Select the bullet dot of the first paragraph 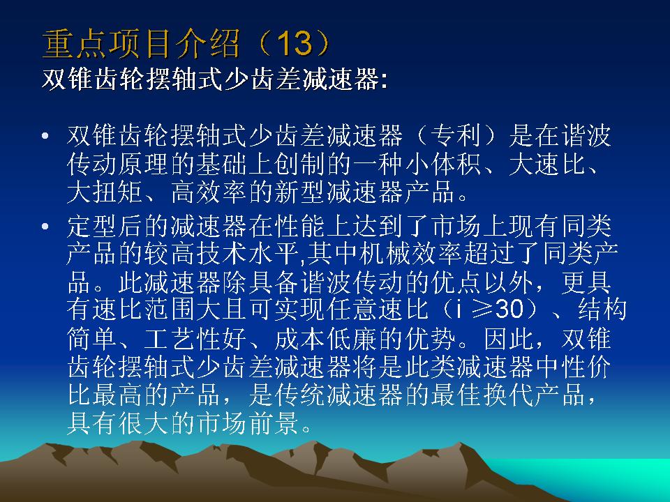tap(46, 136)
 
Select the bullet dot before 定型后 tap(46, 226)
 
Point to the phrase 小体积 tap(442, 164)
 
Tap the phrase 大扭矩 tap(105, 192)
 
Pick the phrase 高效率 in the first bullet tap(209, 192)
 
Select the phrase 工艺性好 tap(195, 339)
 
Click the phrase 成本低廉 tap(327, 339)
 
